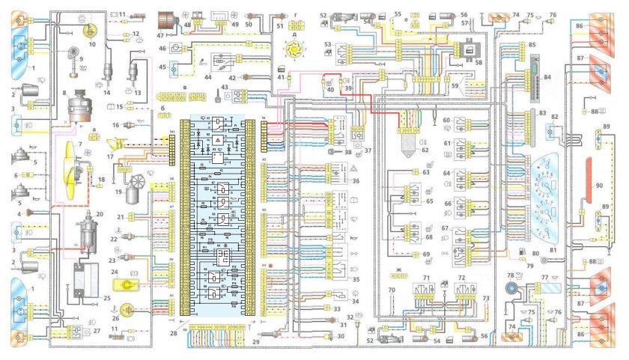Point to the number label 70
pos(391,289)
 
